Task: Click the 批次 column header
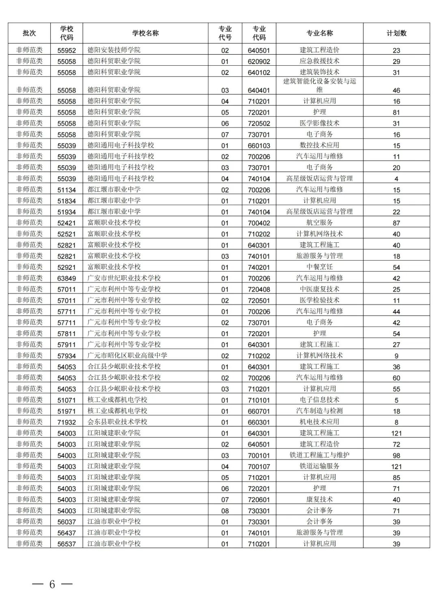click(x=29, y=33)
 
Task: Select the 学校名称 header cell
click(x=145, y=33)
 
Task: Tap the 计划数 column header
click(x=396, y=33)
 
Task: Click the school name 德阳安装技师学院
click(x=114, y=50)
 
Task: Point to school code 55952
click(x=67, y=51)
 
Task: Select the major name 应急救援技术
click(x=320, y=61)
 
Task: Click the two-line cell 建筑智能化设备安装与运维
click(x=320, y=85)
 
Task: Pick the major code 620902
click(x=259, y=62)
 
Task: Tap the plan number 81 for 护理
click(x=396, y=112)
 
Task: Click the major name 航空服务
click(x=320, y=222)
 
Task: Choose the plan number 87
click(x=396, y=223)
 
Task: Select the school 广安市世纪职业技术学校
click(x=124, y=278)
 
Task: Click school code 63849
click(x=67, y=278)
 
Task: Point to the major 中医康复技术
click(x=320, y=289)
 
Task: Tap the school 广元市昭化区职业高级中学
click(x=127, y=355)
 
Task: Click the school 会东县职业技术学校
click(x=117, y=422)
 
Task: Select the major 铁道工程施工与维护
click(x=320, y=455)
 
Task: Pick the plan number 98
click(x=396, y=456)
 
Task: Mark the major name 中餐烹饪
click(x=320, y=267)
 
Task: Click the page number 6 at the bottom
click(x=52, y=584)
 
